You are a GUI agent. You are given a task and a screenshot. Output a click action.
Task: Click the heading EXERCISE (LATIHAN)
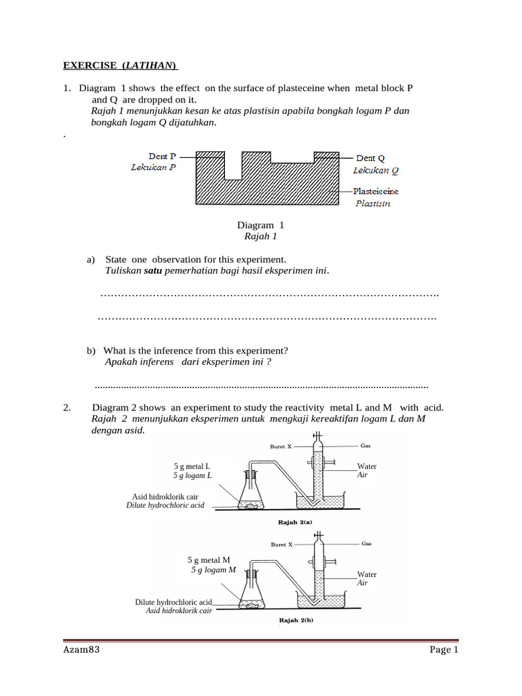point(120,66)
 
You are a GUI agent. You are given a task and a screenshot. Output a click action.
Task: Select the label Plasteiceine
point(377,192)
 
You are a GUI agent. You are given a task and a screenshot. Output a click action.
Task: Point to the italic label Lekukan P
point(153,167)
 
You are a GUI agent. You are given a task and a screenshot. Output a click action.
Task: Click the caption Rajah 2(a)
point(295,523)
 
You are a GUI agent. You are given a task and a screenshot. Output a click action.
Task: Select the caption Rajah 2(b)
point(296,620)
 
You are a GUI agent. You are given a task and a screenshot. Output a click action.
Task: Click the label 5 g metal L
point(192,466)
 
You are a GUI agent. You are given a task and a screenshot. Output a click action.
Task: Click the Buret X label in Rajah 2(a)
point(281,447)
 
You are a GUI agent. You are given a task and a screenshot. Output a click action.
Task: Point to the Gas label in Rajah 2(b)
point(366,544)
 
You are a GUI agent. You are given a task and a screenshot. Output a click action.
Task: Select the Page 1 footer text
point(444,650)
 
